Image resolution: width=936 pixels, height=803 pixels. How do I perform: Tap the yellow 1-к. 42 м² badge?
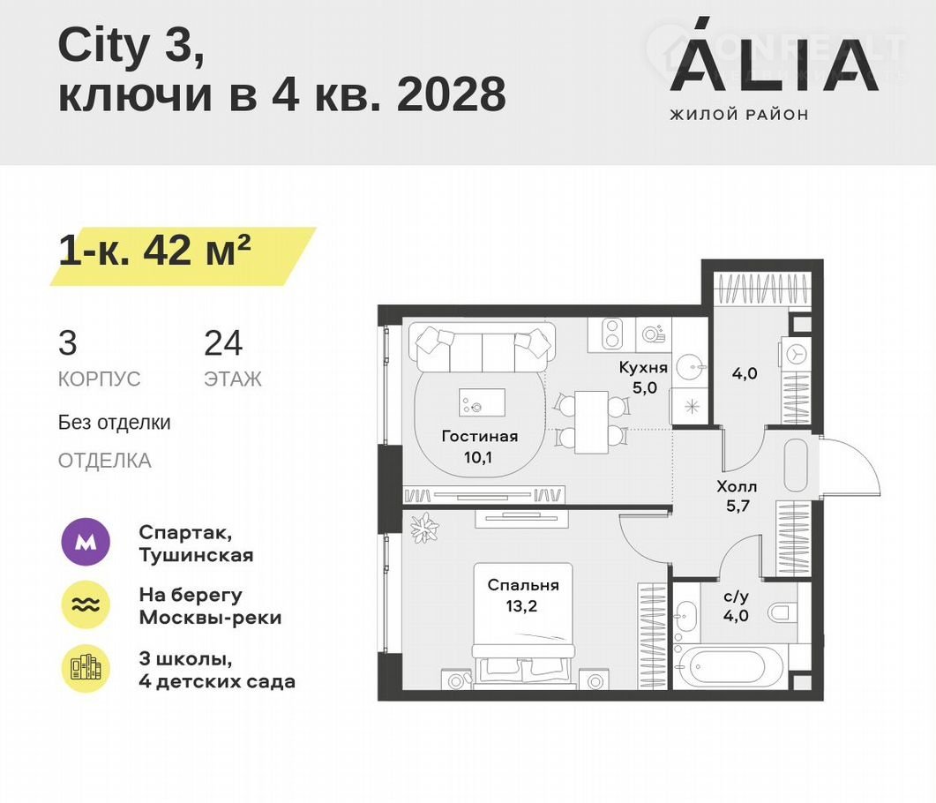click(x=183, y=256)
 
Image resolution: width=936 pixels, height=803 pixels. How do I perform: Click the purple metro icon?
click(x=86, y=542)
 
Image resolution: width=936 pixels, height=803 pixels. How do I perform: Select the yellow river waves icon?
click(x=86, y=604)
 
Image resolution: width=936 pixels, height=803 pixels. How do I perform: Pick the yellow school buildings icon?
click(x=86, y=669)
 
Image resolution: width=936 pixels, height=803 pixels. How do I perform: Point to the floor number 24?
click(x=223, y=343)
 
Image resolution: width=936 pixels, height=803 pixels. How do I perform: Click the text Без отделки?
click(x=114, y=422)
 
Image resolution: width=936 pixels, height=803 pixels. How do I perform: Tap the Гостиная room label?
click(x=479, y=436)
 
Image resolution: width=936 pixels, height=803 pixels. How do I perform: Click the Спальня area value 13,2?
click(x=521, y=606)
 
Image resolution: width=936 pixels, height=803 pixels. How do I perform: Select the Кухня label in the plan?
click(x=643, y=367)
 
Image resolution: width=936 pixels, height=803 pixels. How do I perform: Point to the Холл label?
click(x=737, y=486)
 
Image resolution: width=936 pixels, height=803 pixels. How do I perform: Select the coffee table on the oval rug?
click(x=482, y=401)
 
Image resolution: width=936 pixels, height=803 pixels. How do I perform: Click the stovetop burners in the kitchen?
click(x=610, y=334)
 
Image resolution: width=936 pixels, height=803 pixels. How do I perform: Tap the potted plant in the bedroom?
click(x=424, y=527)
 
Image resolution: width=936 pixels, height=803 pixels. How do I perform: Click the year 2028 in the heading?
click(x=452, y=94)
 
